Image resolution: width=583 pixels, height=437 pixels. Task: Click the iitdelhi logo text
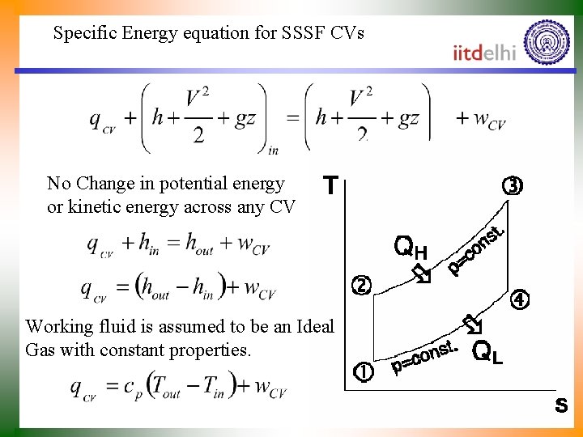click(x=484, y=53)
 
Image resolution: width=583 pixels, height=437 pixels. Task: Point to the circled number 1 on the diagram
click(x=364, y=373)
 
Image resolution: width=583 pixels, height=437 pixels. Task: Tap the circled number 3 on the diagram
click(x=513, y=185)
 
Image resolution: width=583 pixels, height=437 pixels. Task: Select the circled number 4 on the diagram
click(x=520, y=299)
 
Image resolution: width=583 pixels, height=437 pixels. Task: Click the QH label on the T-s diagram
click(x=410, y=246)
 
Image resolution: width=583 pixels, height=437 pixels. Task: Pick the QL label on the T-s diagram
click(x=487, y=352)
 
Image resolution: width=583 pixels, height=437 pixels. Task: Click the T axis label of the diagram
click(x=330, y=187)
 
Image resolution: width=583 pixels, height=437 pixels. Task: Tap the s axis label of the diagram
click(x=561, y=405)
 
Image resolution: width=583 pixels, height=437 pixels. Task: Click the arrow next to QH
click(x=421, y=273)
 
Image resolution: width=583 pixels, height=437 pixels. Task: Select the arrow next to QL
click(x=472, y=325)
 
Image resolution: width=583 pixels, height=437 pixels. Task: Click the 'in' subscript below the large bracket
click(x=273, y=149)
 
